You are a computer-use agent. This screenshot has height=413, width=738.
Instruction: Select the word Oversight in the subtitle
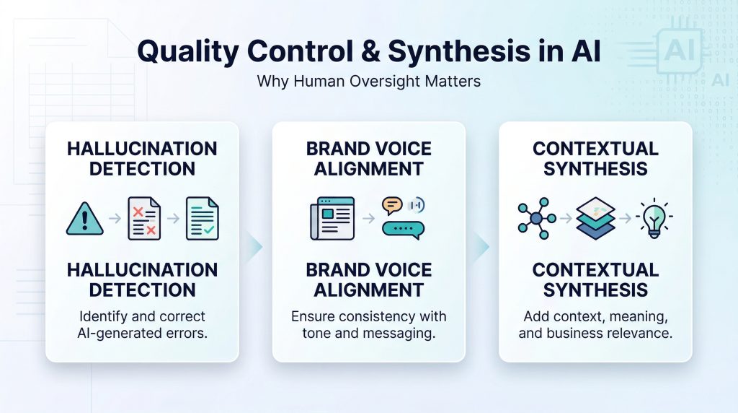point(386,81)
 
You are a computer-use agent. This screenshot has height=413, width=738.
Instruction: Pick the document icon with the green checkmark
point(202,217)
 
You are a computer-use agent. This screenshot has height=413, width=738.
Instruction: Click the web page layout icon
point(332,217)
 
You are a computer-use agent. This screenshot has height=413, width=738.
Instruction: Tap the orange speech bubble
point(392,205)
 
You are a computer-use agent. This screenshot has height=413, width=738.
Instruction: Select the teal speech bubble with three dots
point(403,229)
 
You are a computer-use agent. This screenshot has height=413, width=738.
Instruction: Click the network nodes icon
point(536,217)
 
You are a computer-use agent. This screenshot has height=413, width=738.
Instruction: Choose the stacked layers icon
point(596,217)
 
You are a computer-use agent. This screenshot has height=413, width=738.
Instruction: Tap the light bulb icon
point(654,217)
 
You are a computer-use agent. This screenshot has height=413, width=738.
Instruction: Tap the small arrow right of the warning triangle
point(114,217)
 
